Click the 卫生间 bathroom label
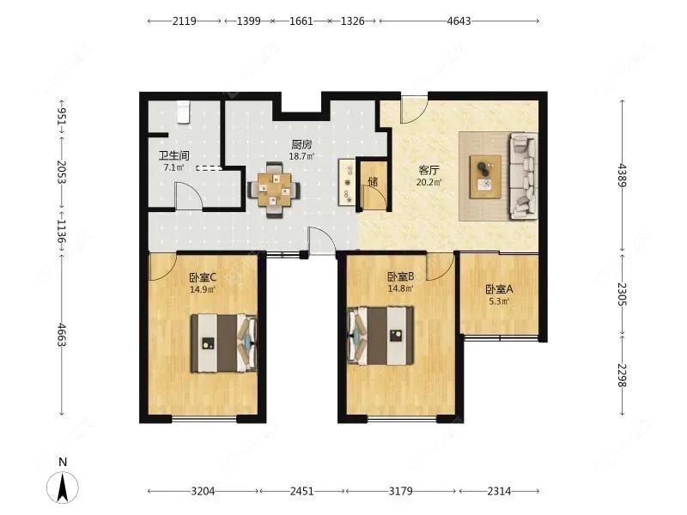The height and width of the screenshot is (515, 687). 174,155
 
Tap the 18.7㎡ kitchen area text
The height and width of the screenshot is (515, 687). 302,156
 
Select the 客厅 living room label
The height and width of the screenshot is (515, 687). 429,170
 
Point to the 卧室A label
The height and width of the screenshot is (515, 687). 499,289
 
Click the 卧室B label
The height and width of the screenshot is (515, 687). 400,276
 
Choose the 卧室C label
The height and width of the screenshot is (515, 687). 203,277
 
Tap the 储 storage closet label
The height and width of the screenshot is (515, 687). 373,181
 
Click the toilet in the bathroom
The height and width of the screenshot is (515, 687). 183,112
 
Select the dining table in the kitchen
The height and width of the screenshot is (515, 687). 274,190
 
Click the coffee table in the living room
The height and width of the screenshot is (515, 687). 485,177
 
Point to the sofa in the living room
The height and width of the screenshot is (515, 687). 523,176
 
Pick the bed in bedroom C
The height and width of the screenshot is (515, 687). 224,343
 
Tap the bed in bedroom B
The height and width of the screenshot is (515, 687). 380,336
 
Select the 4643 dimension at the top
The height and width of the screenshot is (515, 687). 459,21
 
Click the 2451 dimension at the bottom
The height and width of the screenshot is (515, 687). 302,491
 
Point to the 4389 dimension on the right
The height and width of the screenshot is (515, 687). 622,175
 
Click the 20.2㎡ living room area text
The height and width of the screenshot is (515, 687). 429,182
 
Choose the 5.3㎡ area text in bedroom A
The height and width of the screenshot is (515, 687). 499,301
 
